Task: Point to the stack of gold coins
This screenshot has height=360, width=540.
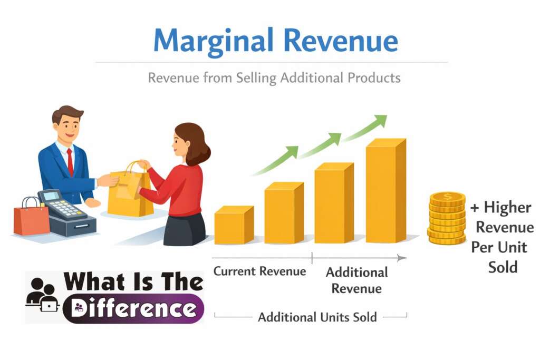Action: point(447,218)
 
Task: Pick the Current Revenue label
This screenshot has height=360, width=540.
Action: point(259,271)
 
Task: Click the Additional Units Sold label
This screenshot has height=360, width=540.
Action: point(317,317)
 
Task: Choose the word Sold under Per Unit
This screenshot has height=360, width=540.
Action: point(503,267)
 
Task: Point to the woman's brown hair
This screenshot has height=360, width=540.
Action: point(196,142)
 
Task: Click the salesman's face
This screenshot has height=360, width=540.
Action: point(69,127)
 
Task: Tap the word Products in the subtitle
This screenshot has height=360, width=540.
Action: point(374,79)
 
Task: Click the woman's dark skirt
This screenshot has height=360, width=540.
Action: point(184,229)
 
